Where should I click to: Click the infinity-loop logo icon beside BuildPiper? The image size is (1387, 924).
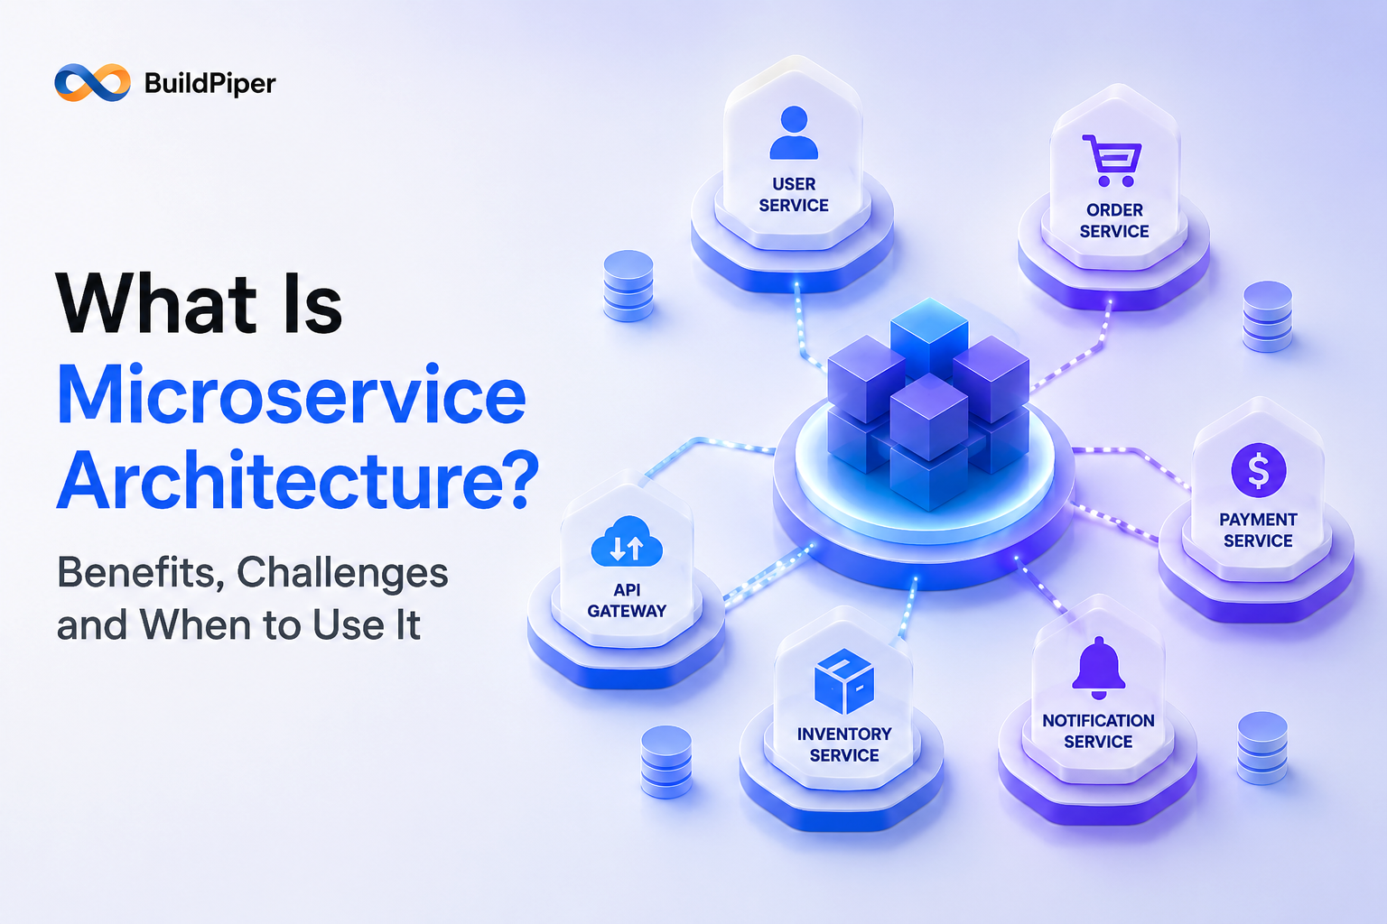click(x=93, y=82)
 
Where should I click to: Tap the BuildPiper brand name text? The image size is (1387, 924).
click(x=209, y=84)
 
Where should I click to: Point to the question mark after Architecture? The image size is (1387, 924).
click(x=518, y=478)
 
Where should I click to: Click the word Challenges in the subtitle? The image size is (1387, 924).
click(x=342, y=572)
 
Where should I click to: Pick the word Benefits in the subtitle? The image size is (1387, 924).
click(x=141, y=572)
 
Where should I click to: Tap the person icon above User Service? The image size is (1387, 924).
click(x=794, y=133)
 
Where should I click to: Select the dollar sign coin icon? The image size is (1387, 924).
click(x=1258, y=470)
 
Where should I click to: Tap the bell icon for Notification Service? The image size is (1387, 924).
click(x=1098, y=668)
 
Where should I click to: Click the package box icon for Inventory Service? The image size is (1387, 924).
click(x=844, y=680)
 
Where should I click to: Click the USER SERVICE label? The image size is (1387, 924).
click(x=794, y=194)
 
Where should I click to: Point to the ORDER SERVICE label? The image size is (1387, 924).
click(x=1114, y=220)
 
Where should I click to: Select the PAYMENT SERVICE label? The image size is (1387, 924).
click(x=1258, y=530)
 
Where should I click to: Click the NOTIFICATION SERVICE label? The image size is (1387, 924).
click(x=1098, y=731)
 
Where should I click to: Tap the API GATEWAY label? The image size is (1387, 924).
click(x=627, y=600)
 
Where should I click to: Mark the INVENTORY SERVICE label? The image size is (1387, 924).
click(x=844, y=744)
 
